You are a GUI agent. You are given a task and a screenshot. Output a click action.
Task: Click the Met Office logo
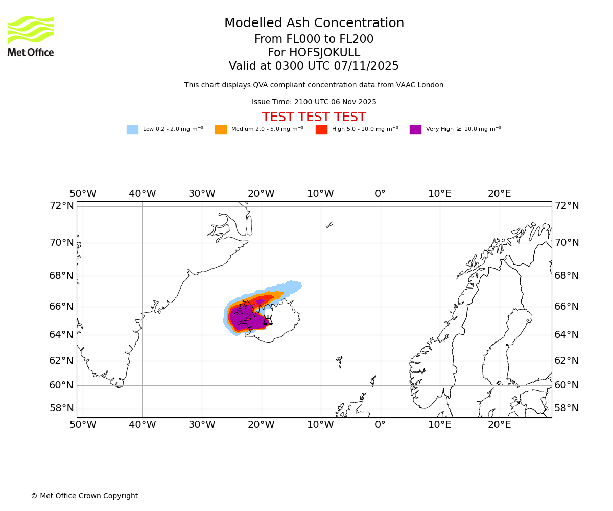pos(31,36)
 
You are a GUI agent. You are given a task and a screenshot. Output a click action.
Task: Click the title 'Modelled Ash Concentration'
pos(314,24)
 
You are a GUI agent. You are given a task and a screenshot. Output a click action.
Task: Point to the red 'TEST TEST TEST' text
pos(314,118)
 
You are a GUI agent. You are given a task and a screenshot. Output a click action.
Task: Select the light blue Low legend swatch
pos(132,130)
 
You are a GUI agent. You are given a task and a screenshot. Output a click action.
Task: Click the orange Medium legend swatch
pos(221,130)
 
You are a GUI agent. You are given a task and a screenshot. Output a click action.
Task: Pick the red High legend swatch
pos(321,130)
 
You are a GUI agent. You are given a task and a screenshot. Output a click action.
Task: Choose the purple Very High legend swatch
pos(415,130)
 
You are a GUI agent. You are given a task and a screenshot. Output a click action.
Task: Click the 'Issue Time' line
pos(314,102)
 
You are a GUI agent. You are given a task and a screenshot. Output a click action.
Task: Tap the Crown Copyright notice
pos(84,496)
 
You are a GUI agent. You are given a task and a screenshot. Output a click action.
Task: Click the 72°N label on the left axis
pos(61,206)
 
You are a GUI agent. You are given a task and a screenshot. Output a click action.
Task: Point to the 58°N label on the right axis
pos(567,408)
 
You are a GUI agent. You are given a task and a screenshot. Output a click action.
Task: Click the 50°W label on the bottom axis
pos(83,424)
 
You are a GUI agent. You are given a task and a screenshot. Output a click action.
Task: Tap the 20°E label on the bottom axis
pos(499,424)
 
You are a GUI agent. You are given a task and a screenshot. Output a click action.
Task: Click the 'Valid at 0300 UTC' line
pos(314,66)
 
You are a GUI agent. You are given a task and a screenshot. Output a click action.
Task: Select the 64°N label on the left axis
pos(61,335)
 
